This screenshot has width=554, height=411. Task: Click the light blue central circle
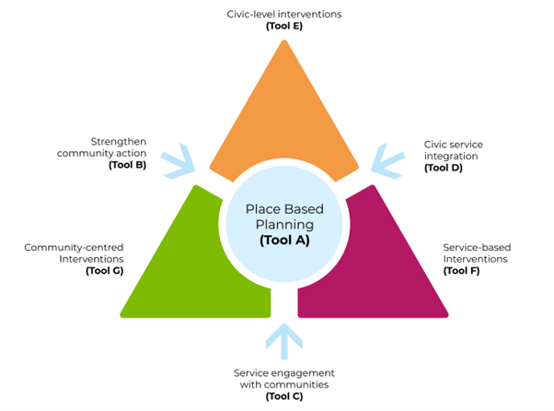283,226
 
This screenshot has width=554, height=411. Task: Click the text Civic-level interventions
283,14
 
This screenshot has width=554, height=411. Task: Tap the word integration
454,156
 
